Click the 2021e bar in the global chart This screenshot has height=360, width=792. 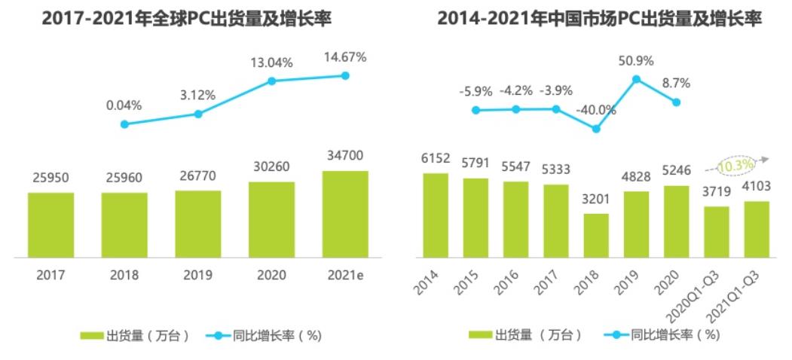coord(345,214)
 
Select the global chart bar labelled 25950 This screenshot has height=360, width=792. coord(51,224)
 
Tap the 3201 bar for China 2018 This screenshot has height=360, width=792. coord(596,235)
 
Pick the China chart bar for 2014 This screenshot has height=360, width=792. coord(436,215)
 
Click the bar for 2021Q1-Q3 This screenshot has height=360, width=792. coord(757,229)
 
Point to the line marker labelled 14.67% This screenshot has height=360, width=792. coord(345,75)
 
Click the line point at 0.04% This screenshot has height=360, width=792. coord(125,124)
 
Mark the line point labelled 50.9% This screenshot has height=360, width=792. coord(636,78)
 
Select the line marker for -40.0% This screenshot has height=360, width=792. coord(596,129)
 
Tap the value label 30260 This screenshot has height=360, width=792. coord(272,166)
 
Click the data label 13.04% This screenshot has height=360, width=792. coord(272,62)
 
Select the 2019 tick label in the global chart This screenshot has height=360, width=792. coord(198,275)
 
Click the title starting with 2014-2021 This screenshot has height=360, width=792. coord(600,19)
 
